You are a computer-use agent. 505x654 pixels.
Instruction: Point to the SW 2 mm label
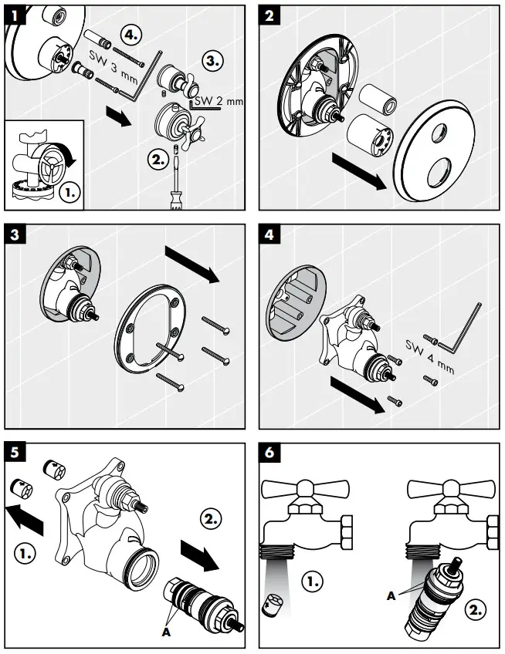(219, 100)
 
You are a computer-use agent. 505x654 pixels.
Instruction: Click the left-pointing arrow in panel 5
(28, 516)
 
